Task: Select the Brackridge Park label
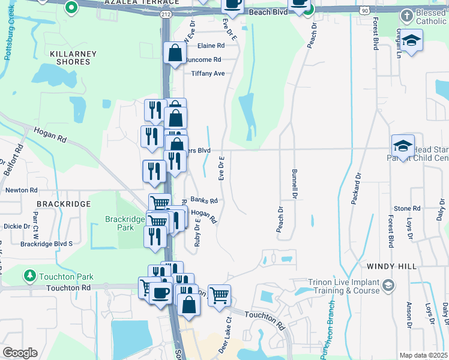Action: [x=125, y=223]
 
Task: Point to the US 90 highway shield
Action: [x=364, y=11]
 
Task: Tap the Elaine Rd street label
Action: [x=211, y=46]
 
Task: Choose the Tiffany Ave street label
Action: [x=208, y=73]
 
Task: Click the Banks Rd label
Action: [x=203, y=200]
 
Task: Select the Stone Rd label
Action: [x=408, y=208]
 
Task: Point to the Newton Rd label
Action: [x=21, y=190]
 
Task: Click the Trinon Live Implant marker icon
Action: [x=388, y=284]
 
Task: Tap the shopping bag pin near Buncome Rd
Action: [x=175, y=54]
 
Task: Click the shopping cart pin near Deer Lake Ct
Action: [x=220, y=295]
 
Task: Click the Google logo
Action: [x=20, y=353]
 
